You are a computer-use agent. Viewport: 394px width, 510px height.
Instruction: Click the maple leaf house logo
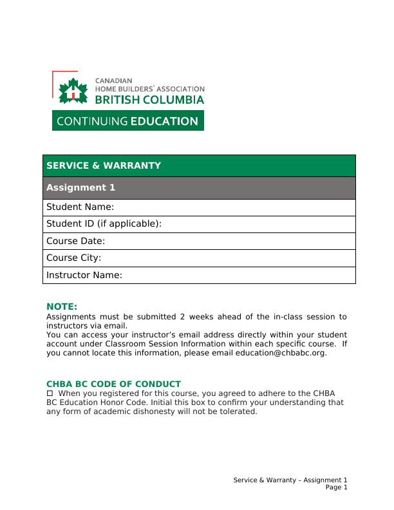pyautogui.click(x=72, y=91)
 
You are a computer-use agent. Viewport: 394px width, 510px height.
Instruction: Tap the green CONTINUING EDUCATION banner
pyautogui.click(x=127, y=120)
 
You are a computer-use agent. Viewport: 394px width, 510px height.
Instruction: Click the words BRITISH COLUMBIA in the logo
pyautogui.click(x=149, y=100)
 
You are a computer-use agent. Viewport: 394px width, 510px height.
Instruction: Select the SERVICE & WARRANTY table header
pyautogui.click(x=104, y=165)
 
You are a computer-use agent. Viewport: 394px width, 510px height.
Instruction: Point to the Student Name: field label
pyautogui.click(x=80, y=207)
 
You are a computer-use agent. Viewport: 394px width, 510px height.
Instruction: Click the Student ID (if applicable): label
pyautogui.click(x=104, y=224)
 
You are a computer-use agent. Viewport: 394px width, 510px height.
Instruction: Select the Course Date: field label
pyautogui.click(x=75, y=241)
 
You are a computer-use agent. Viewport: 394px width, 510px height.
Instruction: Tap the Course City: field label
pyautogui.click(x=73, y=258)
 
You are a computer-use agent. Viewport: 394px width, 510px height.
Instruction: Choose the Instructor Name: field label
pyautogui.click(x=84, y=275)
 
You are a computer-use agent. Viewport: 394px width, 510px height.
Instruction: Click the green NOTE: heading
pyautogui.click(x=62, y=307)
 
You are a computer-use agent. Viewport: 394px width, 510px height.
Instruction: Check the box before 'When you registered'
pyautogui.click(x=50, y=393)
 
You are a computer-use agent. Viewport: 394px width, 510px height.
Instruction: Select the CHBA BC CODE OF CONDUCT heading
pyautogui.click(x=113, y=384)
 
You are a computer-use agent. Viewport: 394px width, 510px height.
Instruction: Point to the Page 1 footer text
pyautogui.click(x=336, y=487)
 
